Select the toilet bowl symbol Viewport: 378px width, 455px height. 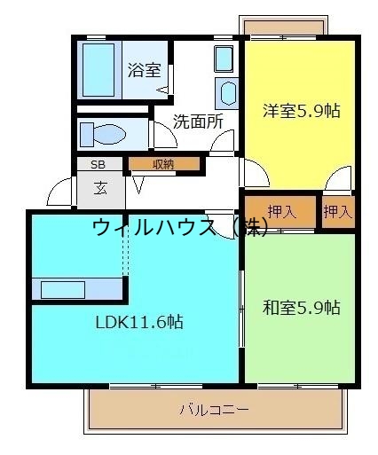pos(106,134)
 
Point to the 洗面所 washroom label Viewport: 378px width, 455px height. pos(197,122)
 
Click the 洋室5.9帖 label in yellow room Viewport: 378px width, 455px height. pos(301,111)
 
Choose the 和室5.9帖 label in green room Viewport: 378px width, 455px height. pos(301,308)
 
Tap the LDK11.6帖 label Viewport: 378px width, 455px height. pos(139,323)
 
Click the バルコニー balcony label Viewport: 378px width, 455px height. pos(214,411)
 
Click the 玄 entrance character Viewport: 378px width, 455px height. pos(101,187)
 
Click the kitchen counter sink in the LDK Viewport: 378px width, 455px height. pos(62,289)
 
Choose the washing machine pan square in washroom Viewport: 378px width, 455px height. pos(223,59)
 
